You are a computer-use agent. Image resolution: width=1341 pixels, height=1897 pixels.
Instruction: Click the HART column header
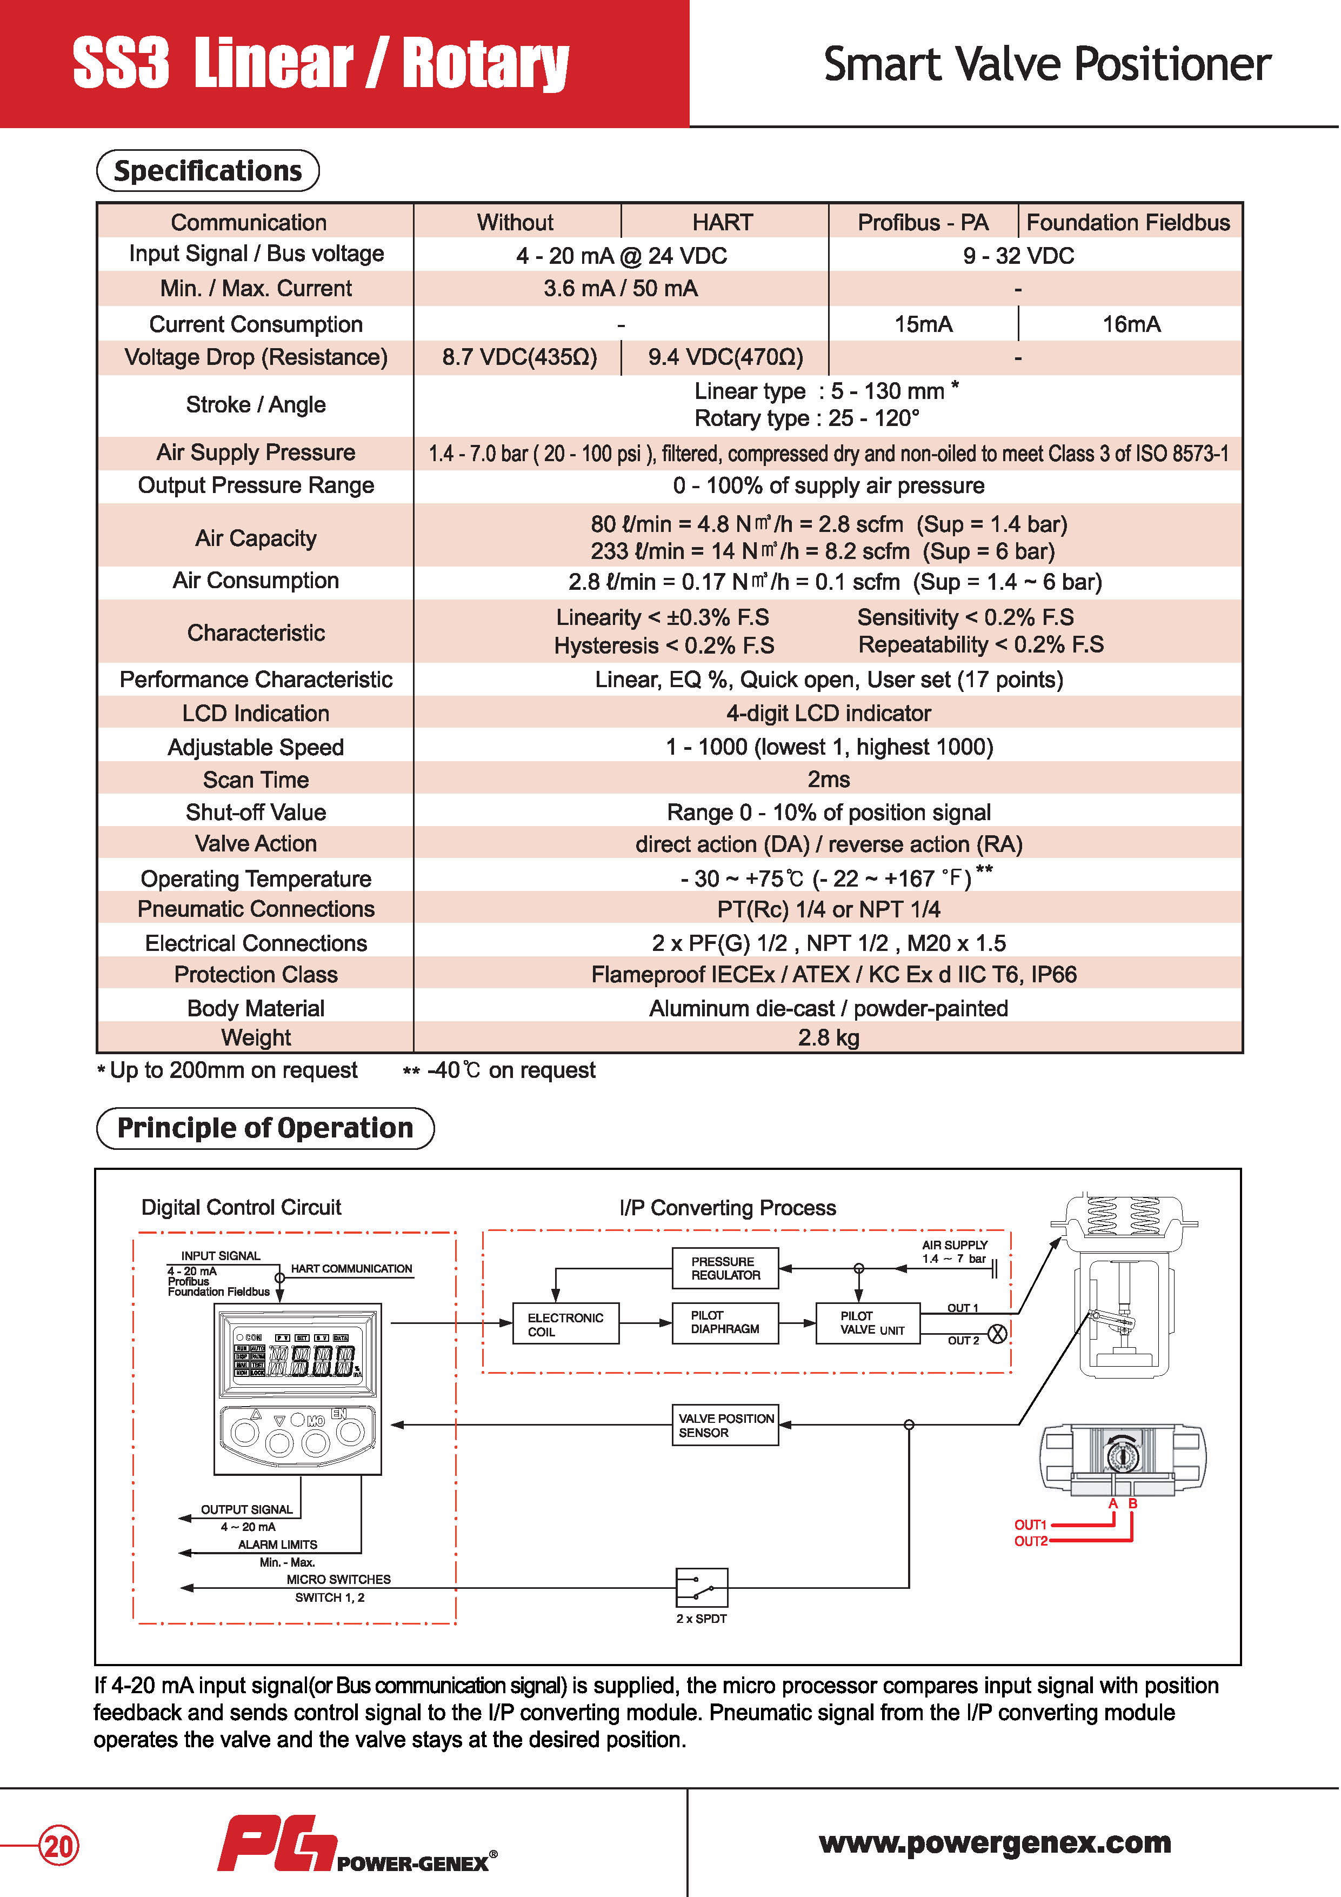pos(723,222)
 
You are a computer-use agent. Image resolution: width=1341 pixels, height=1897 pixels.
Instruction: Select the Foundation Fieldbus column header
pos(1128,222)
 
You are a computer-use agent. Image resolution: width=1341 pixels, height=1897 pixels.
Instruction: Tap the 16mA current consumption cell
pos(1131,324)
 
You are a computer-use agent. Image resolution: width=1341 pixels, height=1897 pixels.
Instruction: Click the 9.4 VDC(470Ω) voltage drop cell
pos(725,357)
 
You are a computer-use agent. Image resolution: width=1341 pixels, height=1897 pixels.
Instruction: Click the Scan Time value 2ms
pos(828,779)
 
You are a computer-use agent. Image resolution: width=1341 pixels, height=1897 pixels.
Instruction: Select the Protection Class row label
pos(256,975)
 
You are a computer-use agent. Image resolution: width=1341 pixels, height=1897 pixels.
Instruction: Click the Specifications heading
pos(208,171)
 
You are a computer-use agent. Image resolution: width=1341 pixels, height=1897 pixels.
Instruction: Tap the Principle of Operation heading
pos(265,1128)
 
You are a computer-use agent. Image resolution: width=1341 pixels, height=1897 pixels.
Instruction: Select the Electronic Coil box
pos(566,1323)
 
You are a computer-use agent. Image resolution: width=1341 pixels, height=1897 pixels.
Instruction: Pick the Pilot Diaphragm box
pos(725,1323)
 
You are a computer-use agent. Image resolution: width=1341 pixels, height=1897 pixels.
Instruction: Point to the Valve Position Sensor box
pos(725,1425)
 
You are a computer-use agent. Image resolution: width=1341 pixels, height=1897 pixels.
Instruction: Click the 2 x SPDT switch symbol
pos(702,1587)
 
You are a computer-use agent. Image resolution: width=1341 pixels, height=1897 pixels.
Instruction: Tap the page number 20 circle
pos(59,1845)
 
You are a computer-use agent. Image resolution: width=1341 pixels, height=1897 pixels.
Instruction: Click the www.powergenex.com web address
pos(995,1842)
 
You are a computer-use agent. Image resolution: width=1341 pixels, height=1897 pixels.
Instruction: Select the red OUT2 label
pos(1030,1541)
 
